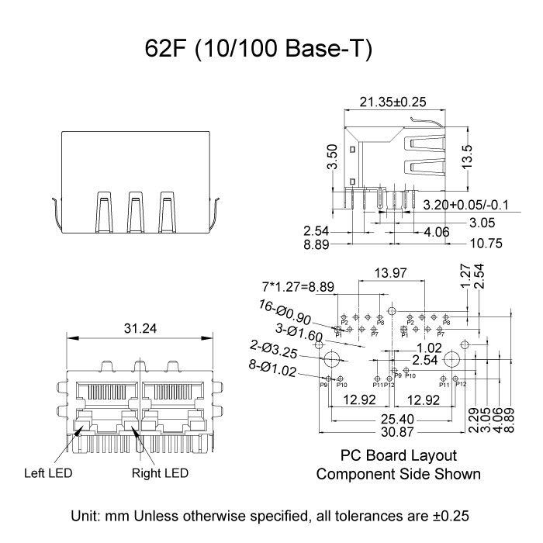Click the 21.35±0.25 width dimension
coord(393,102)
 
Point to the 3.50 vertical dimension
coord(332,157)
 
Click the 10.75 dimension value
coord(486,244)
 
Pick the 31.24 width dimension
coord(140,328)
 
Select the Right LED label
coord(160,472)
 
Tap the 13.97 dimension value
coord(390,272)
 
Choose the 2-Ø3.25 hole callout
coord(275,351)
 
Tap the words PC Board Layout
coord(398,455)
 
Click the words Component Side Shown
coord(398,473)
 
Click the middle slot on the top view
coord(136,211)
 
